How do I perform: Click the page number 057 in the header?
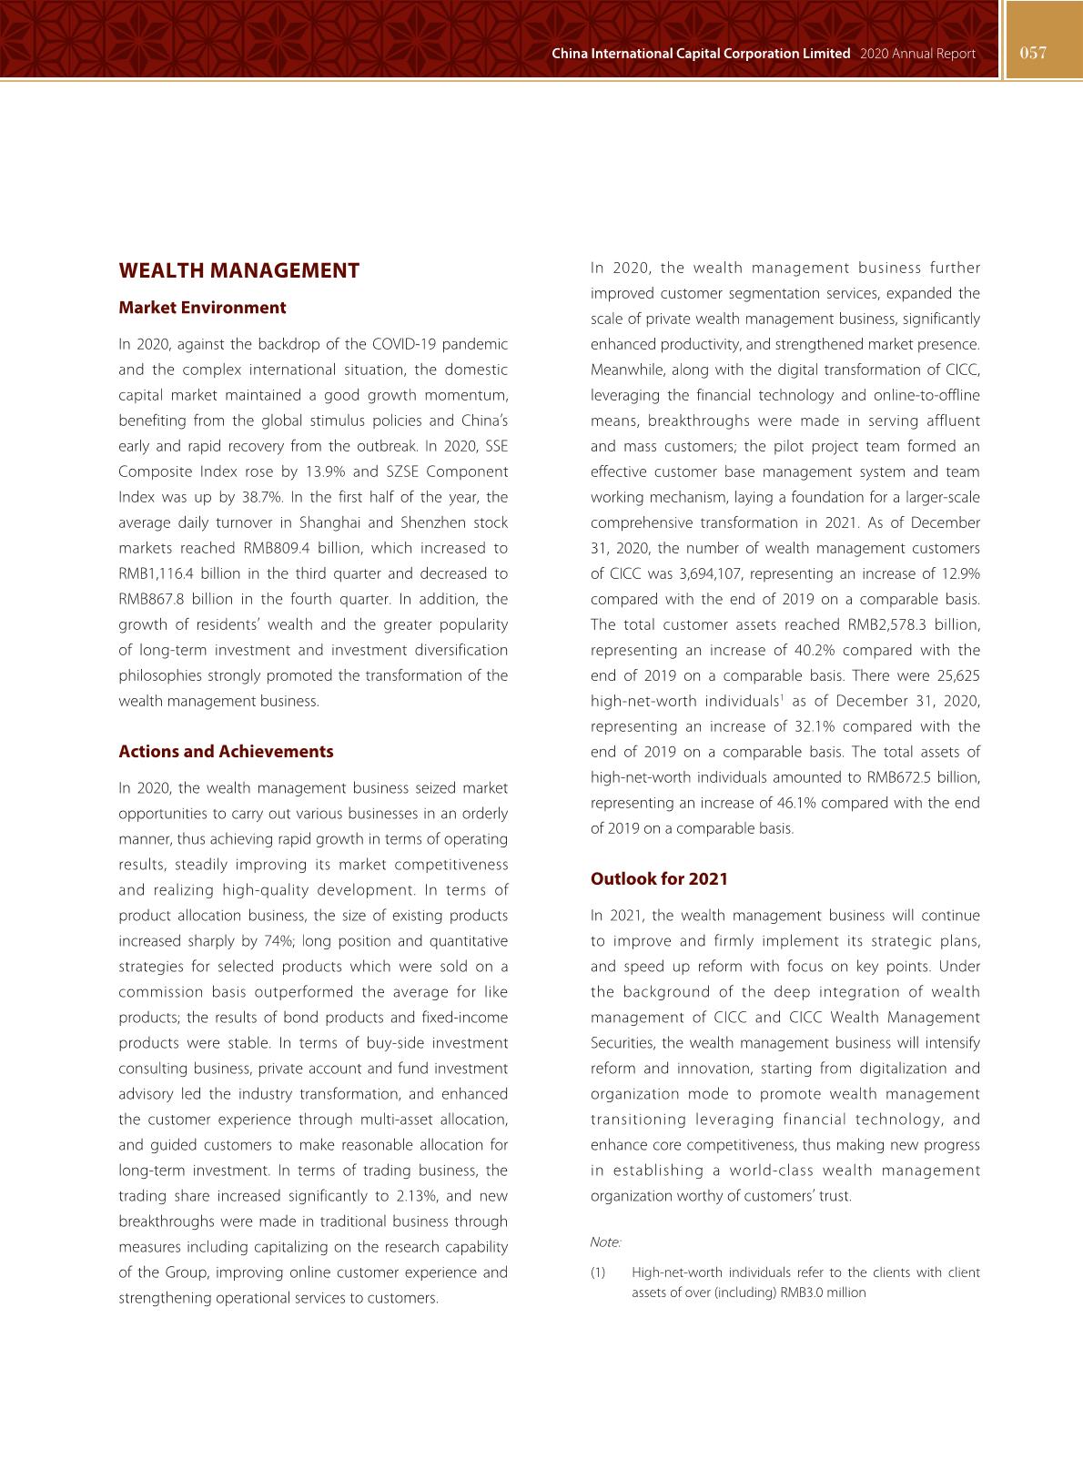[x=1033, y=53]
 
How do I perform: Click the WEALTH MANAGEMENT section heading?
[x=238, y=270]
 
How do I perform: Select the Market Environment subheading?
[x=202, y=308]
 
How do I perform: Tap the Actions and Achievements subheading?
[x=226, y=752]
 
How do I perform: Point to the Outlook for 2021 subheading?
[x=659, y=879]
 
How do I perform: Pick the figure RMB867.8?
[x=150, y=600]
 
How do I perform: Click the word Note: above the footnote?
[x=605, y=1242]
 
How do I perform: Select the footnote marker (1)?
[x=598, y=1273]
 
